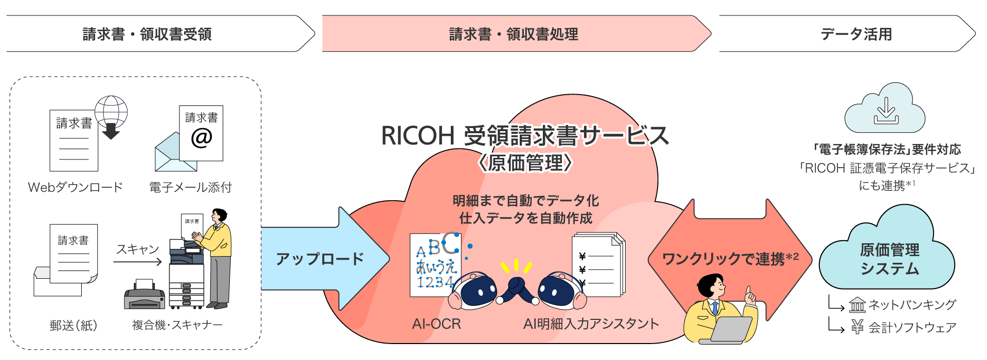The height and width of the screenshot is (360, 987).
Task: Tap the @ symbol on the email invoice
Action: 201,137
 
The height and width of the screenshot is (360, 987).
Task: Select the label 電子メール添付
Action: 190,187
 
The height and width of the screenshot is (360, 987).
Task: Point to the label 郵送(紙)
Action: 74,325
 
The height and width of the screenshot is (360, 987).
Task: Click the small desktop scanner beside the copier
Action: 144,295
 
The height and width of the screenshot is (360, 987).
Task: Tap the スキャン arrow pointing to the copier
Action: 138,262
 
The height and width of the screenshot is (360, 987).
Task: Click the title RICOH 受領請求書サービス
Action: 524,136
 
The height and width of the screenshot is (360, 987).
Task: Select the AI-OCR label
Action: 436,323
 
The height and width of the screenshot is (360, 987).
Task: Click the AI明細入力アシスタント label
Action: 591,323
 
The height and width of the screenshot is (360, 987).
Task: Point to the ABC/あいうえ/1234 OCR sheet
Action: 434,265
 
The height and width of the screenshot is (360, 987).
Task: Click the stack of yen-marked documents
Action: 598,264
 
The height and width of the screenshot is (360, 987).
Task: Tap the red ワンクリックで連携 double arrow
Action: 730,259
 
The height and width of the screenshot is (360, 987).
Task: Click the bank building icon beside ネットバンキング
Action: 857,305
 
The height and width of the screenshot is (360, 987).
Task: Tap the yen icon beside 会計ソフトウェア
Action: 857,327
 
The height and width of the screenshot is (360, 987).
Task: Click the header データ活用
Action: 856,34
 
